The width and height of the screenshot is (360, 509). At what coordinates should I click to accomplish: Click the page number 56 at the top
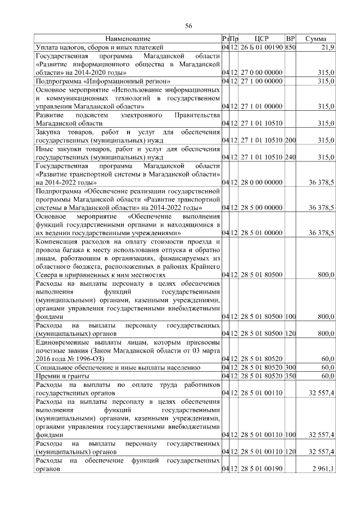[x=189, y=26]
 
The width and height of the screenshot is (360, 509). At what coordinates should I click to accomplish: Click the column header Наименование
[x=128, y=39]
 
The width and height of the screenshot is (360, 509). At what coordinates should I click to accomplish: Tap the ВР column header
[x=290, y=39]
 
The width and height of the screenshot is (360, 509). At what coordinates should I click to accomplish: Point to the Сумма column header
[x=317, y=39]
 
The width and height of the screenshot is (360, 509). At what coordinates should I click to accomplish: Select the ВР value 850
[x=290, y=47]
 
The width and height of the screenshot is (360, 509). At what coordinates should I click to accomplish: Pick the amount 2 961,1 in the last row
[x=324, y=469]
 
